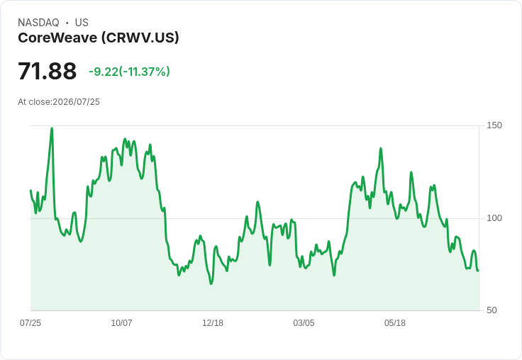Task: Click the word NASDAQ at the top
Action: (38, 23)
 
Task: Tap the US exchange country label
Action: (82, 23)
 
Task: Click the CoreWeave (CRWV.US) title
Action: (99, 38)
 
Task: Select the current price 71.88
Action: (47, 71)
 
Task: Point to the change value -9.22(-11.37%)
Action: (129, 72)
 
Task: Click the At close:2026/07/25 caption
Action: (59, 102)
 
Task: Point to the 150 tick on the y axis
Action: (494, 125)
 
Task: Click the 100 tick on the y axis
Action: (494, 218)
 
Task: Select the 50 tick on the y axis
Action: (492, 310)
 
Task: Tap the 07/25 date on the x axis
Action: (30, 323)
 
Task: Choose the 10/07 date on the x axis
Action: (121, 323)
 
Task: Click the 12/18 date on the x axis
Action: (213, 323)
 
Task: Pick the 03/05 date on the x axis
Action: (304, 323)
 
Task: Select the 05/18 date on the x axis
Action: (395, 323)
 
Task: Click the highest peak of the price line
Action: (52, 128)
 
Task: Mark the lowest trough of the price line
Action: (211, 283)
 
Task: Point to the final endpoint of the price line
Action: (478, 271)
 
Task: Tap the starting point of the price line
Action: (30, 191)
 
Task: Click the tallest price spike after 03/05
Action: (381, 149)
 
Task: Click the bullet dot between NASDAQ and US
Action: (67, 23)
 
